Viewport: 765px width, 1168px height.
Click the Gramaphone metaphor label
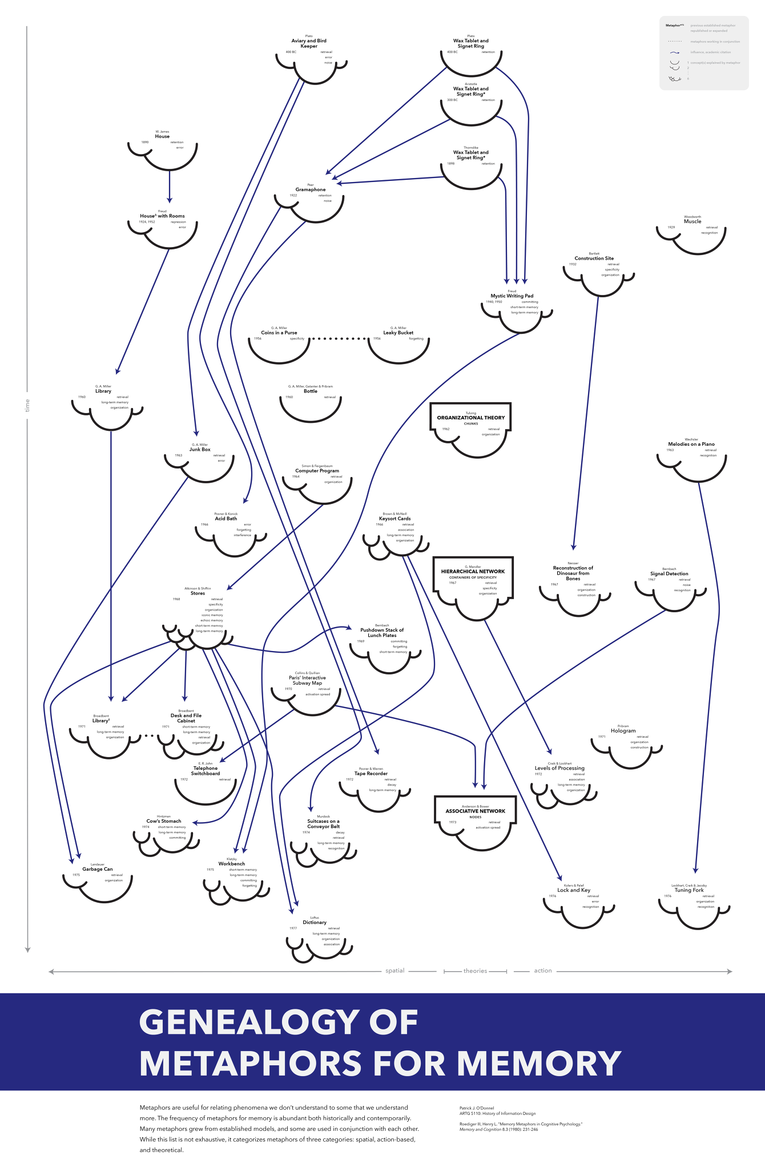tap(311, 189)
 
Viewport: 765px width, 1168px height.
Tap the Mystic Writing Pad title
tap(512, 296)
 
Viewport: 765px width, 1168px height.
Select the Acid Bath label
tap(226, 519)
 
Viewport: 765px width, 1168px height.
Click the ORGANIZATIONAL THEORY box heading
tap(471, 418)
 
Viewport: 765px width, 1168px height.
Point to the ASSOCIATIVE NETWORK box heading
tap(476, 811)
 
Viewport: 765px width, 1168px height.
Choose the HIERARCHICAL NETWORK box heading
tap(473, 571)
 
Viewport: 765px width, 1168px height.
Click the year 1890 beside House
tap(145, 142)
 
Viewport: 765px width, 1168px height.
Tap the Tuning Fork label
tap(689, 890)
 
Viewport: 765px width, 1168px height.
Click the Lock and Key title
tap(574, 890)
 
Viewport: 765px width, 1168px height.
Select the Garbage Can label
tap(98, 869)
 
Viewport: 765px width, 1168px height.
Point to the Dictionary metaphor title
tap(315, 922)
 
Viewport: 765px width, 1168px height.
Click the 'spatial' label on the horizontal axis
tap(394, 971)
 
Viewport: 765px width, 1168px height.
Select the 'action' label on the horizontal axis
tap(543, 971)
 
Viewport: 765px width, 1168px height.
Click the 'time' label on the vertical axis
tap(27, 406)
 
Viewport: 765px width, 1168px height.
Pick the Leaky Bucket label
tap(398, 333)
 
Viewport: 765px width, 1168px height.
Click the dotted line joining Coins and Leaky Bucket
tap(339, 339)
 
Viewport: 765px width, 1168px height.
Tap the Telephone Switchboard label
tap(206, 771)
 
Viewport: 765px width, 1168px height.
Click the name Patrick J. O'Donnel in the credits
tap(477, 1108)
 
